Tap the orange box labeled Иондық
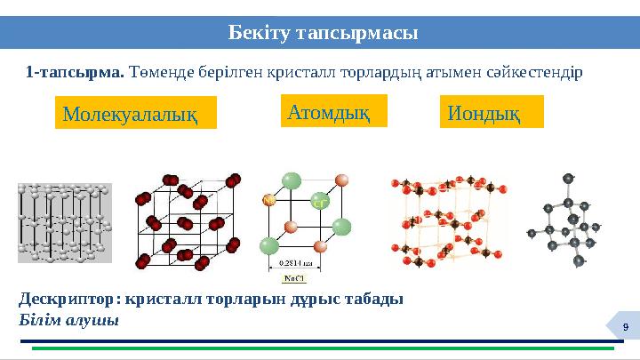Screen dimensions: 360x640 coord(491,113)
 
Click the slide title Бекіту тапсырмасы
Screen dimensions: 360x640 coord(324,33)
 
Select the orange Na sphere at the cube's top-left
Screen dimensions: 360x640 coord(268,203)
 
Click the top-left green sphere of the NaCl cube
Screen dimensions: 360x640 coord(292,181)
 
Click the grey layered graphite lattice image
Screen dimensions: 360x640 coord(65,222)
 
